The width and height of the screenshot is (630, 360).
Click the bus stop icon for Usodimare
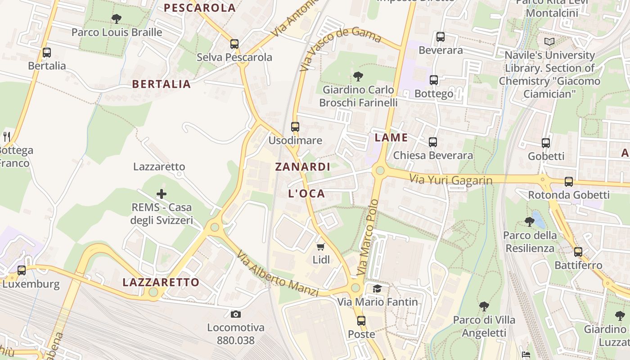click(x=295, y=127)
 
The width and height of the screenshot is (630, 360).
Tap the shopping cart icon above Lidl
click(x=321, y=247)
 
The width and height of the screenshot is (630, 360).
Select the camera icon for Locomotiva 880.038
click(x=236, y=314)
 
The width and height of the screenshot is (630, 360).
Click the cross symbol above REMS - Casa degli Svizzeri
click(x=162, y=194)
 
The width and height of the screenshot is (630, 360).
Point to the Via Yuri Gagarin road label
click(x=450, y=180)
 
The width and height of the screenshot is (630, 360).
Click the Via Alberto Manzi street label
click(x=278, y=274)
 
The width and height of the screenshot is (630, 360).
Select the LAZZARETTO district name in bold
click(x=161, y=282)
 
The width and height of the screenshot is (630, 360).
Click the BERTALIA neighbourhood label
click(x=162, y=84)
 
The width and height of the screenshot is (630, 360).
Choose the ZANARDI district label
click(x=303, y=167)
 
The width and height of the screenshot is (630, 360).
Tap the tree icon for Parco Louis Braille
click(x=117, y=19)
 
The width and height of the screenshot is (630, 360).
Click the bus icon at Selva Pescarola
click(x=234, y=44)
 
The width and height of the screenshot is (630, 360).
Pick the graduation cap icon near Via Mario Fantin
click(x=377, y=288)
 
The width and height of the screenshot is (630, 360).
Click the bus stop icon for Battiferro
click(x=578, y=252)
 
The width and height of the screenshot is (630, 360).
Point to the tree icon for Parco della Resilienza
click(x=529, y=222)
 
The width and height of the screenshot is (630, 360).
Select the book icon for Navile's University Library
click(x=549, y=42)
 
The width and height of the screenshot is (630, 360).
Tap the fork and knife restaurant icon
click(x=6, y=136)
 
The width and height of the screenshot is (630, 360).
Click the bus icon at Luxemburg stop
click(x=22, y=270)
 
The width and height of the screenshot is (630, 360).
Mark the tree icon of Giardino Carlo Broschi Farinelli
click(x=358, y=76)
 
